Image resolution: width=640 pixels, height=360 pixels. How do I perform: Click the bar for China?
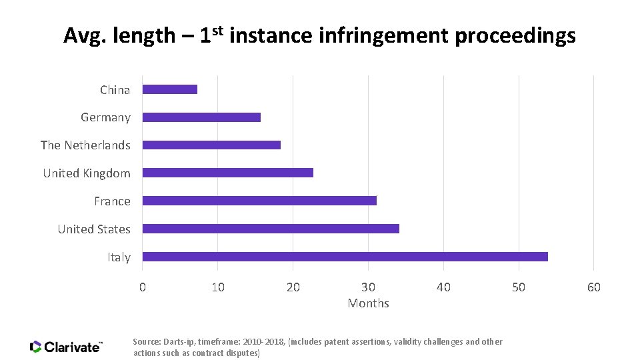[x=170, y=89]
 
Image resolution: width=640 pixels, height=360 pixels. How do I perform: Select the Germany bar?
[x=201, y=117]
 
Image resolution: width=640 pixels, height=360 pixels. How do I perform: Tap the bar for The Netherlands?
[x=211, y=145]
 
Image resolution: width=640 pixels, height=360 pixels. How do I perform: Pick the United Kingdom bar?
[x=227, y=173]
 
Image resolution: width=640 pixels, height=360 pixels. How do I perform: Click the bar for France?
[x=259, y=201]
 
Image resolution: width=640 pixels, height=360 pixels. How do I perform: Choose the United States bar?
[x=271, y=229]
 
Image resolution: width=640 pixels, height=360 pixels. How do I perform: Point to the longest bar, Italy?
[x=345, y=257]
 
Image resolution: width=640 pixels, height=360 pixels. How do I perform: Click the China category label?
[x=115, y=90]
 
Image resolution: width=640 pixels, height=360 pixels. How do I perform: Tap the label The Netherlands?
[x=85, y=145]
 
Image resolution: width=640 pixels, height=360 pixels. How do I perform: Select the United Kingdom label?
[x=87, y=173]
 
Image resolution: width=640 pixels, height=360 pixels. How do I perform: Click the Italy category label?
[x=119, y=257]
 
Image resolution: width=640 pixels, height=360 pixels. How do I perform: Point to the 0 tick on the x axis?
[x=142, y=287]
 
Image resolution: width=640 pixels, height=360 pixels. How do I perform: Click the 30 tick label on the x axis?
[x=368, y=287]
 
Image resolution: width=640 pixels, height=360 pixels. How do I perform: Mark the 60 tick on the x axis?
[x=593, y=287]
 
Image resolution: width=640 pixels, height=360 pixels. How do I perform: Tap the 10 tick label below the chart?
[x=217, y=287]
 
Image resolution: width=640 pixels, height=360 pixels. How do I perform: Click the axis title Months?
[x=368, y=303]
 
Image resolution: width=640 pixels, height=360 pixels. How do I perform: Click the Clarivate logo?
[x=66, y=347]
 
